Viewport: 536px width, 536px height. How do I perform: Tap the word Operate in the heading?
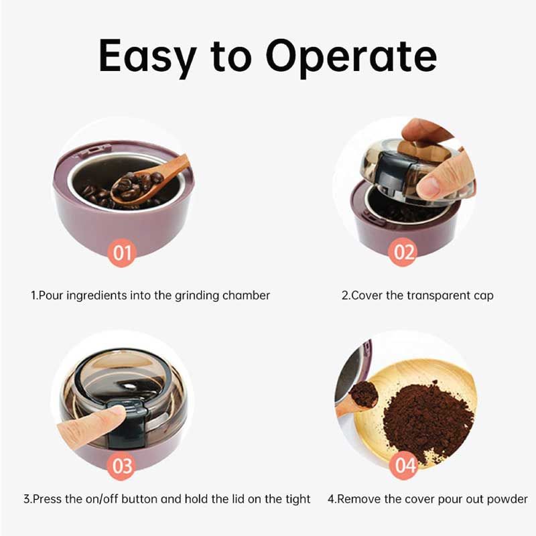(350, 58)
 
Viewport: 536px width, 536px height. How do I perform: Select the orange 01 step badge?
(123, 253)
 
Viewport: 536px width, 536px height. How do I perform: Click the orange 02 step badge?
(404, 253)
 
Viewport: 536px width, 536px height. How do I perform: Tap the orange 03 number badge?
(122, 465)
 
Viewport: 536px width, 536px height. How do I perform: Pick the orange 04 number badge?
(405, 464)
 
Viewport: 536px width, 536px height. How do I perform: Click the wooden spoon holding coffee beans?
(144, 183)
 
